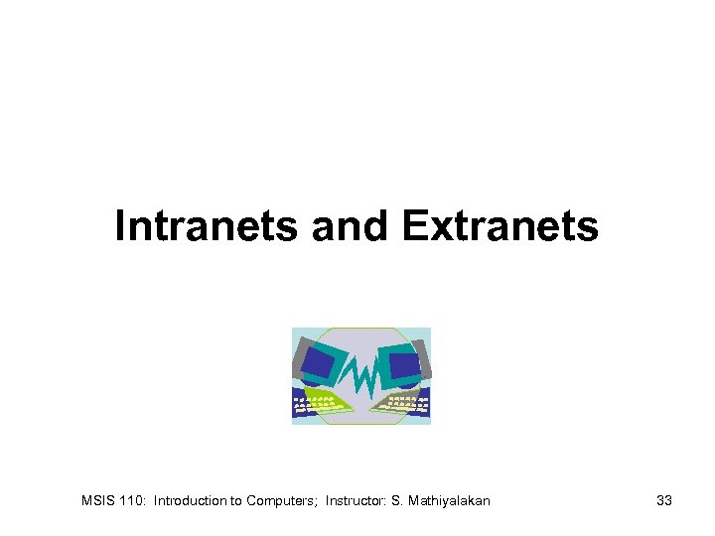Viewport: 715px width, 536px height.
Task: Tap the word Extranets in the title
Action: click(500, 226)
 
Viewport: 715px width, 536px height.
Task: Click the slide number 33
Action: click(664, 501)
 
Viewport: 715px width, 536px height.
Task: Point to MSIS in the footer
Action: click(97, 501)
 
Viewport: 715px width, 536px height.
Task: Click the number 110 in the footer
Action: click(133, 501)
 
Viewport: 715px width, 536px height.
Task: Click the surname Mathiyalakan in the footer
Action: click(449, 501)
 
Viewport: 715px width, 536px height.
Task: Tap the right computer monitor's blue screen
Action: click(403, 365)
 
